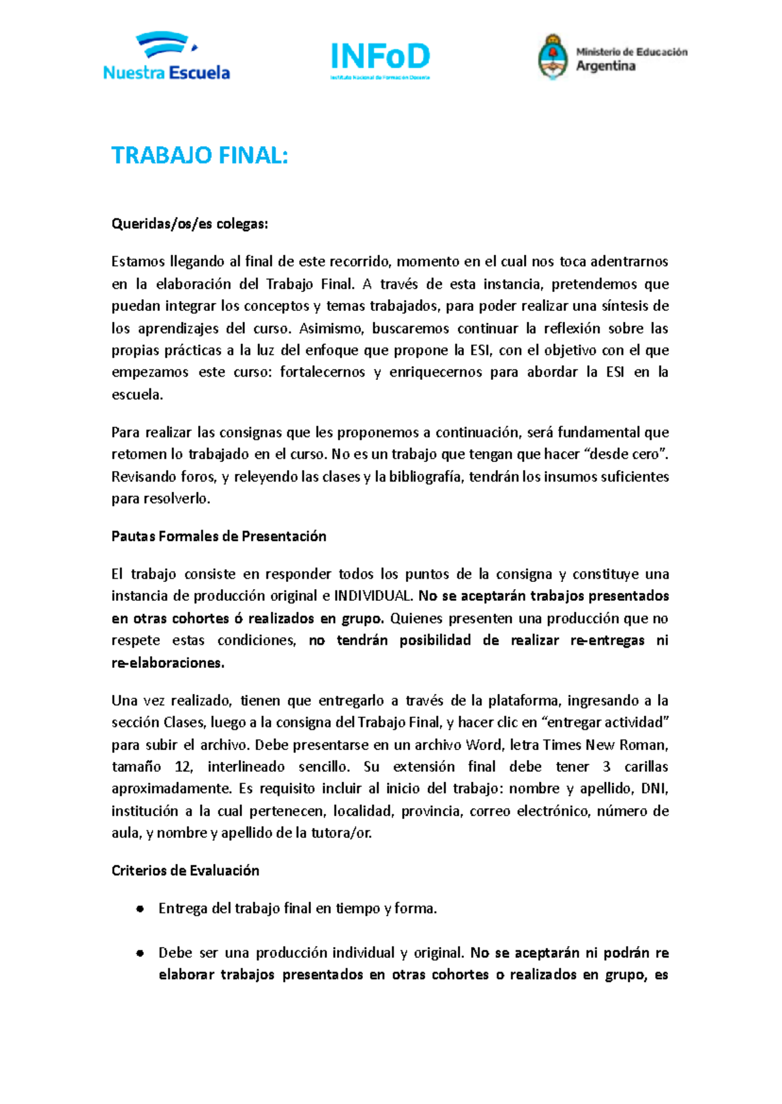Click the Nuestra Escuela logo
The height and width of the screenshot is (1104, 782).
click(x=166, y=57)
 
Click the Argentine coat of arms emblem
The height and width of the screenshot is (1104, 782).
click(x=553, y=57)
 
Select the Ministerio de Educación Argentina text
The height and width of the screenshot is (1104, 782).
click(x=631, y=59)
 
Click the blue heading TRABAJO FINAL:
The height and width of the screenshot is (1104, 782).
click(x=199, y=156)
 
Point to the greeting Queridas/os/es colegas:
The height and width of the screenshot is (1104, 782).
click(x=190, y=224)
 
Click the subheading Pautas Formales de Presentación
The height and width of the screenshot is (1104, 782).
click(x=219, y=536)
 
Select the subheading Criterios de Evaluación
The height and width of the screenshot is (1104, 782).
click(x=185, y=871)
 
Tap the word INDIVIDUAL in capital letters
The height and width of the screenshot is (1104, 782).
click(x=373, y=596)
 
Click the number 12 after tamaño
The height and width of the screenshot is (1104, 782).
click(x=184, y=766)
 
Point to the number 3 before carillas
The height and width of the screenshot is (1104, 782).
click(x=606, y=766)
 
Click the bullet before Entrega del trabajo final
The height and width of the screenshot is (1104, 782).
click(x=139, y=909)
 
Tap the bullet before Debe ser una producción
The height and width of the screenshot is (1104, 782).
click(x=139, y=953)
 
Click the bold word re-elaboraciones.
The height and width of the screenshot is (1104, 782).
click(x=167, y=663)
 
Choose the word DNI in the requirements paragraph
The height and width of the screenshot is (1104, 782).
click(x=654, y=789)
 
